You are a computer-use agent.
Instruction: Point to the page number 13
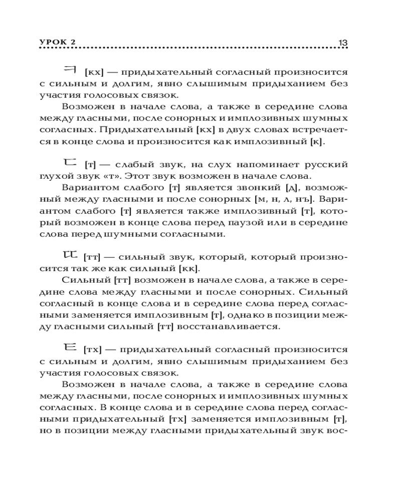coord(343,42)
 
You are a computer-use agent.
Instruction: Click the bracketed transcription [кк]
coord(190,268)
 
